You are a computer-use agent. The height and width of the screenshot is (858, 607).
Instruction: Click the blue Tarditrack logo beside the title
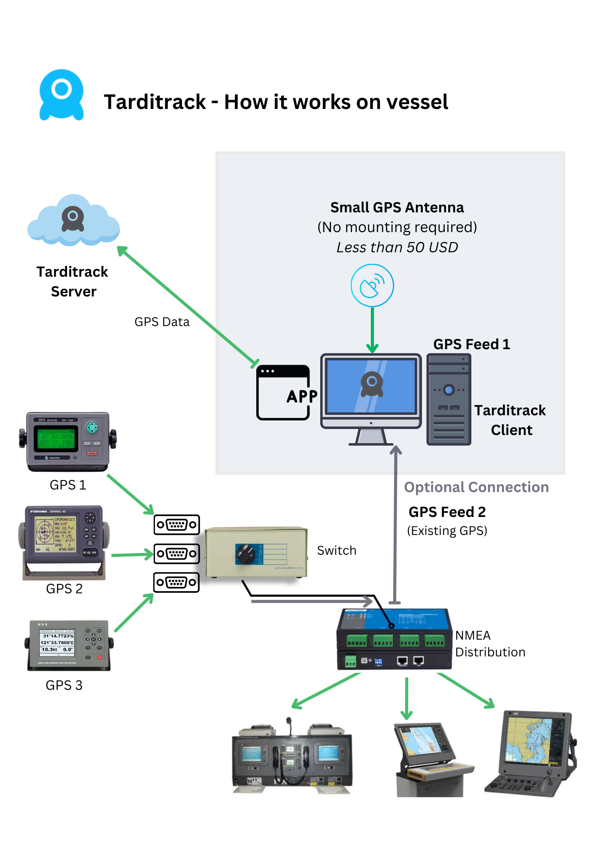pyautogui.click(x=61, y=95)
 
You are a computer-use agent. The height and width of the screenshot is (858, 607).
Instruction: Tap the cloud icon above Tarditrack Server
pyautogui.click(x=73, y=221)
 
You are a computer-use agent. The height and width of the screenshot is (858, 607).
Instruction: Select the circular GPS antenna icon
pyautogui.click(x=372, y=285)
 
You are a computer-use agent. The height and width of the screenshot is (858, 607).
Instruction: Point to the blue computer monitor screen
pyautogui.click(x=371, y=387)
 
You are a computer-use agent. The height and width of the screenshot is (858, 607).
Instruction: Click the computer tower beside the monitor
pyautogui.click(x=449, y=399)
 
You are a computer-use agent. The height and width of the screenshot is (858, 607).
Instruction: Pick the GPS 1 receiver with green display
pyautogui.click(x=68, y=442)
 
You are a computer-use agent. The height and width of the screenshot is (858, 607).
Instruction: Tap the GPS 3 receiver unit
pyautogui.click(x=69, y=645)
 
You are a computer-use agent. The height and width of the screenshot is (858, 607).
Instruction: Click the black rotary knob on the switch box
pyautogui.click(x=246, y=554)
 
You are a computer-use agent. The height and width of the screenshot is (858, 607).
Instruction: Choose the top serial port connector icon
pyautogui.click(x=176, y=524)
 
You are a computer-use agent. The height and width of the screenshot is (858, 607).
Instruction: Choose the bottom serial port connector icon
pyautogui.click(x=176, y=582)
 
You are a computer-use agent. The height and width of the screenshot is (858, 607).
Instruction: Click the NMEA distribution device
pyautogui.click(x=395, y=639)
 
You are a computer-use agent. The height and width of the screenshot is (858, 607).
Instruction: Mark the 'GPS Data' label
pyautogui.click(x=162, y=322)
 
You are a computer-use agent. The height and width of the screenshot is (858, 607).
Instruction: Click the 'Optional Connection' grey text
pyautogui.click(x=476, y=487)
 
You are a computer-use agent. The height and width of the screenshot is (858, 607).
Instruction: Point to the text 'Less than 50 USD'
pyautogui.click(x=397, y=247)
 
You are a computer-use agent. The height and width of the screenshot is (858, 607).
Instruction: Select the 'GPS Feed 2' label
pyautogui.click(x=447, y=512)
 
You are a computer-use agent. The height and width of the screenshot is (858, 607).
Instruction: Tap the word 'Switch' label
pyautogui.click(x=337, y=550)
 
